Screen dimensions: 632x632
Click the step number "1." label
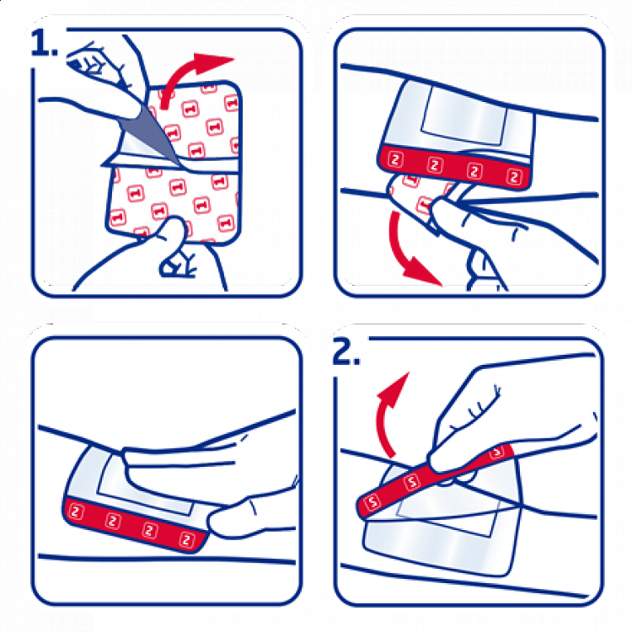coord(44,42)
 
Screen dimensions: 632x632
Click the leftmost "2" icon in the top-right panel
coord(395,159)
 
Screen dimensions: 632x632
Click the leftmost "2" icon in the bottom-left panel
coord(76,512)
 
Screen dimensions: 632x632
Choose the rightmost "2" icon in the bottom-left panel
coord(186,539)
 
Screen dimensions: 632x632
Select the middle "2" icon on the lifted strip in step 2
coord(412,481)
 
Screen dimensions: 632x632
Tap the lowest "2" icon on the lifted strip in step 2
coord(372,502)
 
